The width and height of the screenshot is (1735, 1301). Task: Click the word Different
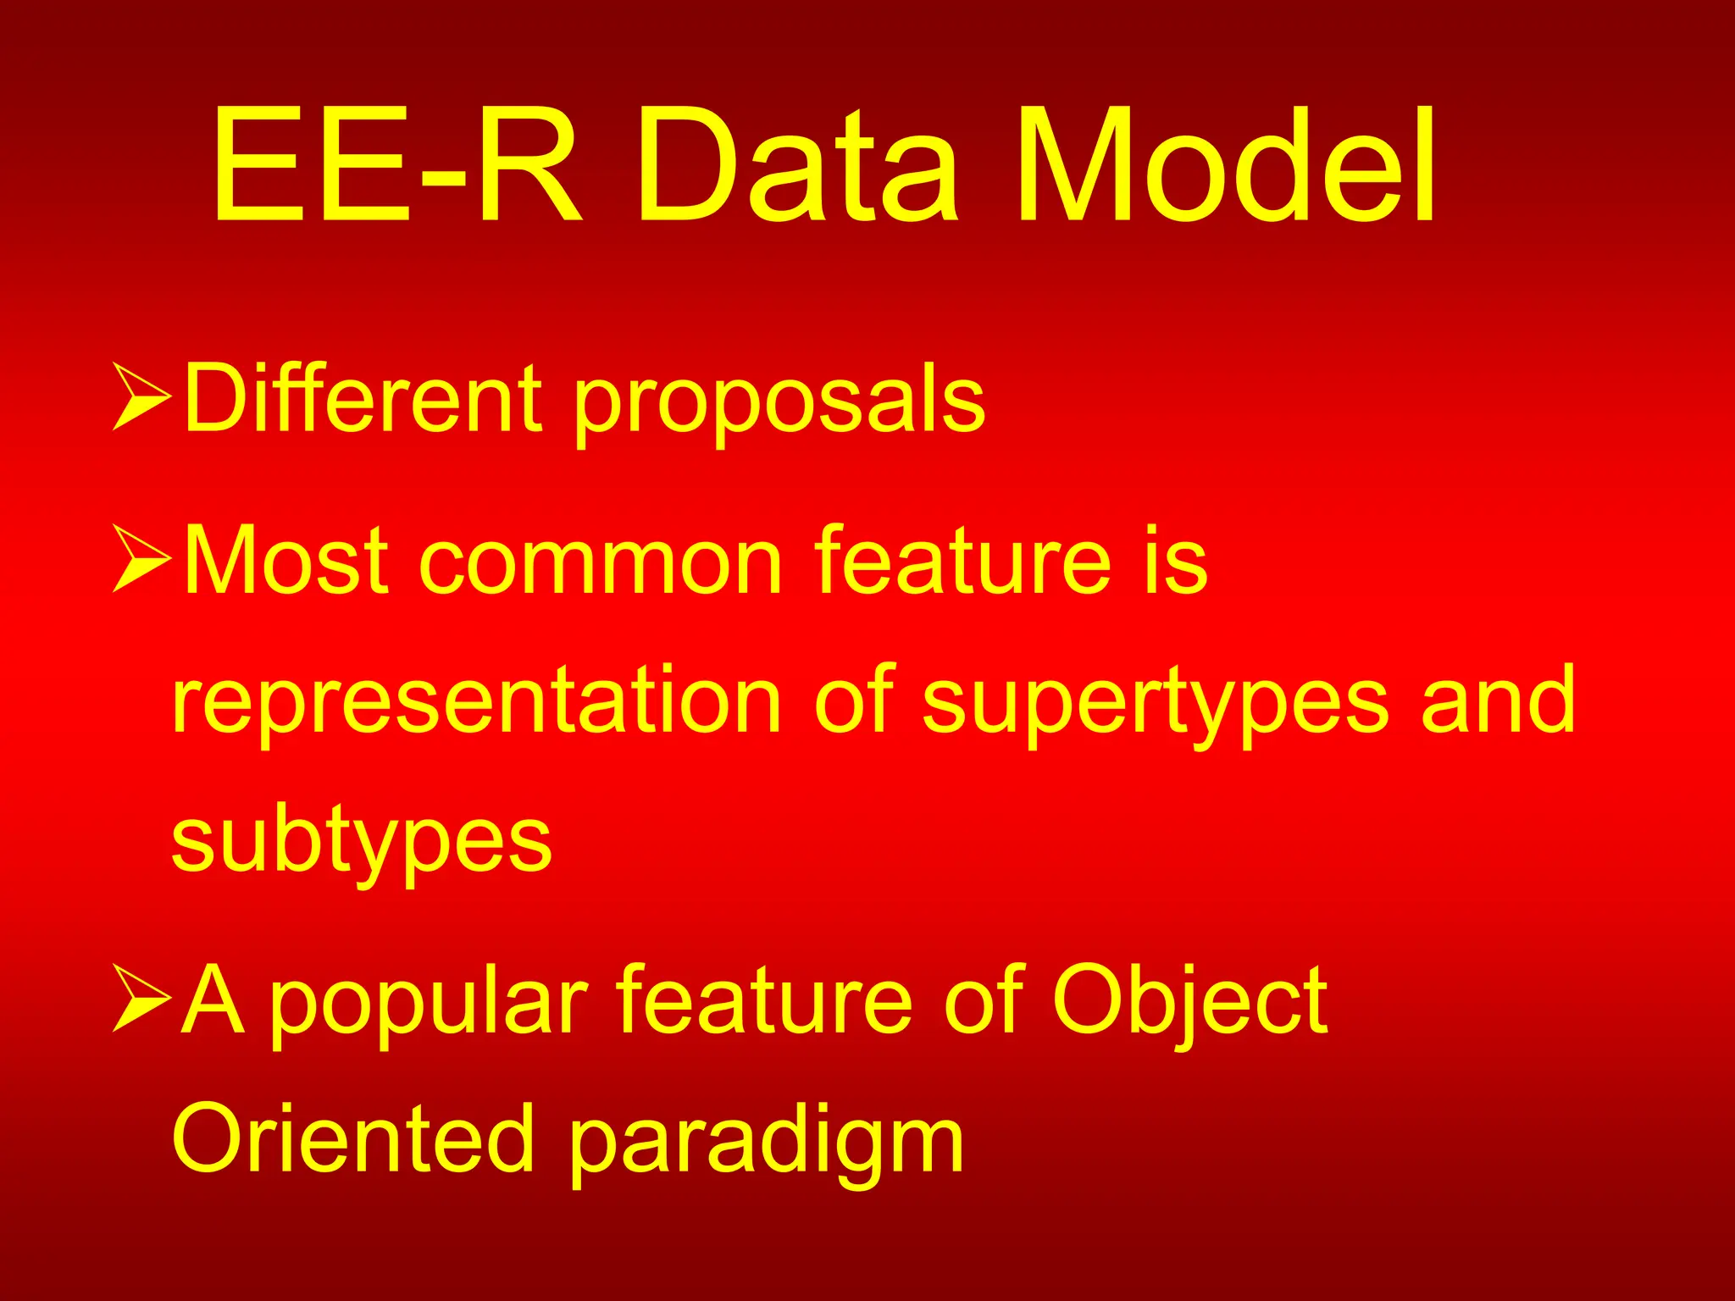click(x=363, y=397)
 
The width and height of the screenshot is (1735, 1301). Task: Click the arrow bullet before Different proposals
click(x=141, y=396)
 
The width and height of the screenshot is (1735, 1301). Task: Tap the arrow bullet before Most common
click(x=141, y=558)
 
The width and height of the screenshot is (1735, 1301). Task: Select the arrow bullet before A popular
click(x=141, y=999)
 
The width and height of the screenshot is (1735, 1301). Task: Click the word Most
click(x=286, y=560)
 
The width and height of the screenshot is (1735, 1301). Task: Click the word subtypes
click(x=362, y=844)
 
